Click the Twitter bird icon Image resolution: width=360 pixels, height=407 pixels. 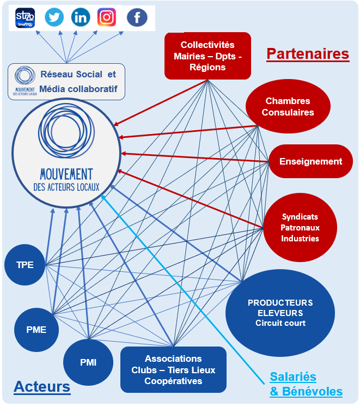point(54,17)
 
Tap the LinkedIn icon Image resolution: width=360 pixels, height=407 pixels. point(81,17)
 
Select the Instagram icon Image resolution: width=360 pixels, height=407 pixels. point(107,17)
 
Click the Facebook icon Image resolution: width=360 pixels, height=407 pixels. point(137,17)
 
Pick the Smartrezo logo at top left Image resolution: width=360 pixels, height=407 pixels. point(25,17)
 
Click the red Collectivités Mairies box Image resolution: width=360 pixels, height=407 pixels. point(208,56)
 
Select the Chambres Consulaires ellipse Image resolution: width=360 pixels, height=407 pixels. point(288,107)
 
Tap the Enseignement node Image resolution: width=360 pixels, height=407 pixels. point(310,161)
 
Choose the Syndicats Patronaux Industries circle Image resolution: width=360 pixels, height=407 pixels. point(300,227)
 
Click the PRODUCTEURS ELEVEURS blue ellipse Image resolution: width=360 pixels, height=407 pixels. point(280,313)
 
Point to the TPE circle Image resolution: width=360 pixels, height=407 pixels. point(25,265)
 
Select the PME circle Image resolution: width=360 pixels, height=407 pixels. point(36,329)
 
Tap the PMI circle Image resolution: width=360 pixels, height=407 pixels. point(88,362)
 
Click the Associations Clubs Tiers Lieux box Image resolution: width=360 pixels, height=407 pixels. point(173,369)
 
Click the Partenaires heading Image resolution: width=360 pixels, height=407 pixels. point(307,54)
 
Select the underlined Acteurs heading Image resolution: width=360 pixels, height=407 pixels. point(42,387)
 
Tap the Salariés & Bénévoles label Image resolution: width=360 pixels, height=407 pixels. point(306,384)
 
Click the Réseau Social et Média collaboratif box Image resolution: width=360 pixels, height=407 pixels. point(66,82)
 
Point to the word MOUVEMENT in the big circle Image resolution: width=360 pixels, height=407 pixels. point(66,174)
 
